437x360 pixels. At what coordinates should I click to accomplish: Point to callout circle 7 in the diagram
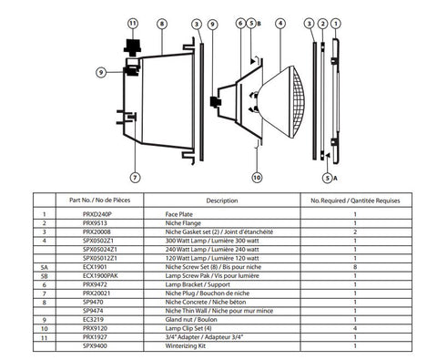pyautogui.click(x=134, y=178)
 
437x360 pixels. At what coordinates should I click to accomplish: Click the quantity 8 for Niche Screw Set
pyautogui.click(x=354, y=267)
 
